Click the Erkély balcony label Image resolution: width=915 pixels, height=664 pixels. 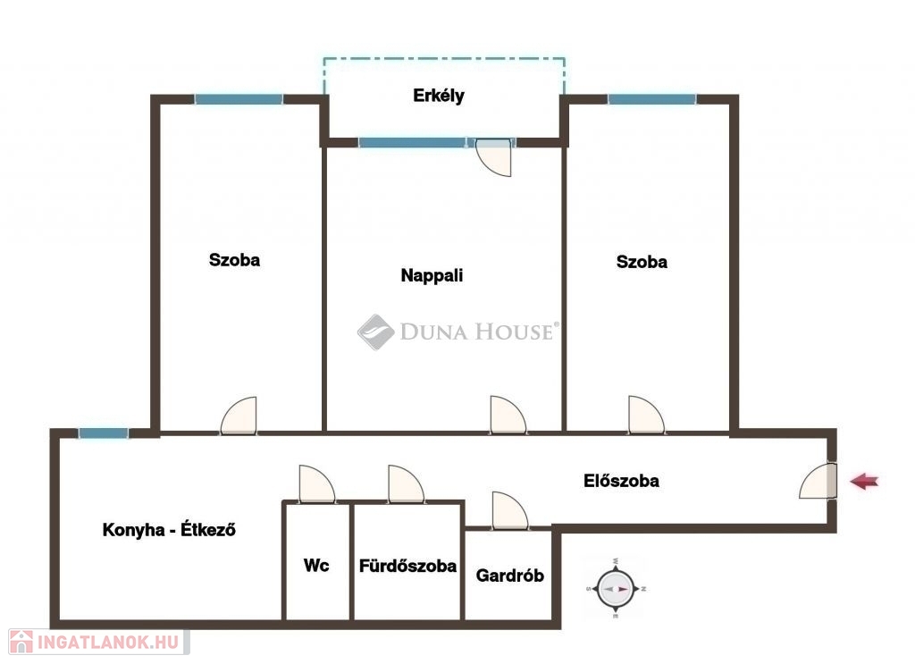(438, 96)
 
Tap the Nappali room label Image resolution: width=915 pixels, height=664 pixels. (432, 275)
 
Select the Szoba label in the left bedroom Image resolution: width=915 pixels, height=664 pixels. (234, 260)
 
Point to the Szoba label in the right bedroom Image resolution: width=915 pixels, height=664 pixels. (642, 261)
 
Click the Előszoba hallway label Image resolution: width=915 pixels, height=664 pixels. (621, 481)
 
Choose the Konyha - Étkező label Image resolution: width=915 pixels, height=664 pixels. (169, 529)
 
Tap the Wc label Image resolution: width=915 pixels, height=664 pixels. (316, 565)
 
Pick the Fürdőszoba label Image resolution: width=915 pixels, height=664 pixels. (407, 566)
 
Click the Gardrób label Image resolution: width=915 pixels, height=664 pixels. (509, 576)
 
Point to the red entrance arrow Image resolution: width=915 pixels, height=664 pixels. (864, 482)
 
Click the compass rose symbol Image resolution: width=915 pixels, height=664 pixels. (616, 589)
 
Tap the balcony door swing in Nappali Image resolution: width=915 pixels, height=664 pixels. (493, 157)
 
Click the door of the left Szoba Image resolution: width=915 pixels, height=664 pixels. (239, 416)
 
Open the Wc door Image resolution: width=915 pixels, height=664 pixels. (317, 483)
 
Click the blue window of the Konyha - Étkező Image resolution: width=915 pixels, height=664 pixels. (104, 433)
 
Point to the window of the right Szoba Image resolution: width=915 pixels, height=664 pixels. (651, 99)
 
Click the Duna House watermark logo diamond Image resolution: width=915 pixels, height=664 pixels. (376, 332)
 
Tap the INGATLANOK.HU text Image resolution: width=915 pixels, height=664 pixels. (108, 643)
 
